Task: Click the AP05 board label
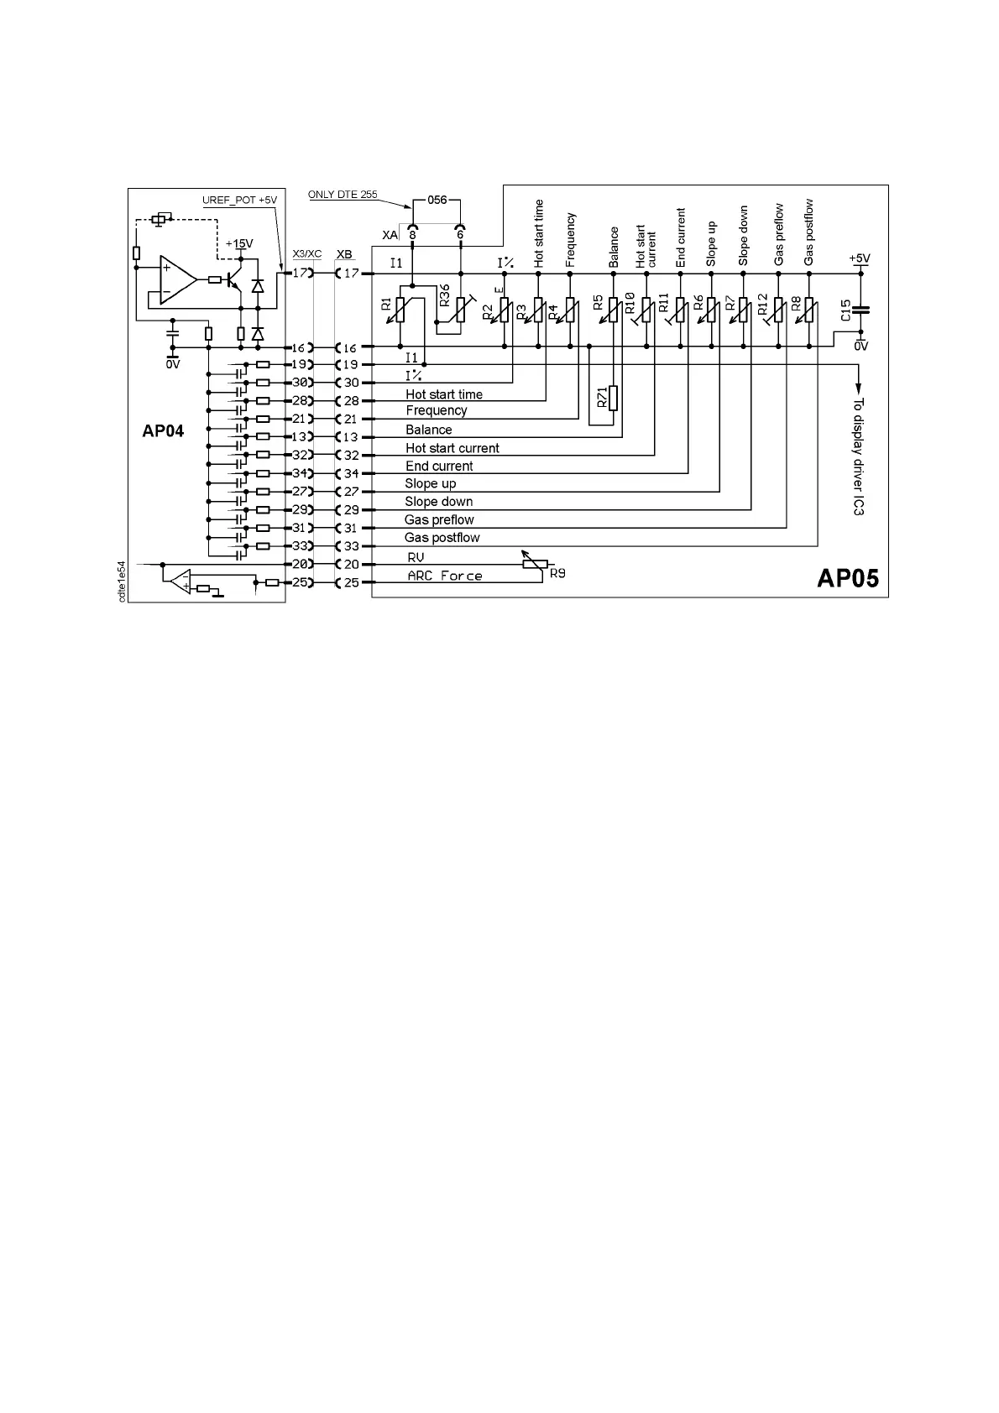click(848, 578)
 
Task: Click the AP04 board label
click(163, 430)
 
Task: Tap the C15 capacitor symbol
click(861, 310)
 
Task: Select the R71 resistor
click(613, 399)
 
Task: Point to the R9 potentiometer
click(534, 564)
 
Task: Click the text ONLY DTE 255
click(343, 195)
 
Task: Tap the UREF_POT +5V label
click(239, 200)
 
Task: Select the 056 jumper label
click(437, 201)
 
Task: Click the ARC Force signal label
click(445, 576)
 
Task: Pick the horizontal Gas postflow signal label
click(442, 538)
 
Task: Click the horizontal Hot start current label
click(452, 448)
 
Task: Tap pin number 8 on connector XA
click(412, 235)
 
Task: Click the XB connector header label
click(344, 253)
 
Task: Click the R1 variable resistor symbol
click(401, 310)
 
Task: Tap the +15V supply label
click(238, 243)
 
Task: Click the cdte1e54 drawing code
click(122, 581)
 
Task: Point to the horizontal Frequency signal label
click(437, 410)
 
